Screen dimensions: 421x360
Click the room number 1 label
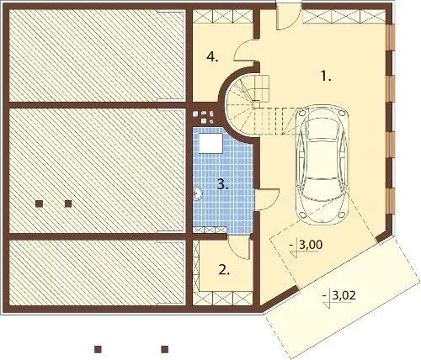(x=326, y=77)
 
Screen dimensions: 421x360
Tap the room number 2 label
(x=224, y=270)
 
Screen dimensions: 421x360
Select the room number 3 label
(x=223, y=185)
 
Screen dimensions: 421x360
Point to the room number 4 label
(x=212, y=57)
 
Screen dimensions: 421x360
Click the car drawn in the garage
(x=322, y=165)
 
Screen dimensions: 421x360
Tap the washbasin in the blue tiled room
(x=198, y=193)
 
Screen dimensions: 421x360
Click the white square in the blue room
(x=210, y=143)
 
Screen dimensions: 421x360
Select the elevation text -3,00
(x=306, y=246)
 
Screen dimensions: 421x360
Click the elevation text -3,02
(x=339, y=295)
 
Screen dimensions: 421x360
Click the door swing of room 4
(x=245, y=50)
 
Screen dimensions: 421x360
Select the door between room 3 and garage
(x=268, y=199)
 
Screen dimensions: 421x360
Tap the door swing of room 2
(x=239, y=247)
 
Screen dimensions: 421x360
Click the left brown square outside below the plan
(x=98, y=349)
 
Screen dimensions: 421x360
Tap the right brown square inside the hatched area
(x=68, y=204)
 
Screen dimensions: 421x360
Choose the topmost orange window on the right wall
(x=391, y=38)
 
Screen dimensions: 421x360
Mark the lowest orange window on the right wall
(x=391, y=201)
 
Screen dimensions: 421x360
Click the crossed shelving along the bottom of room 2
(x=223, y=299)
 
